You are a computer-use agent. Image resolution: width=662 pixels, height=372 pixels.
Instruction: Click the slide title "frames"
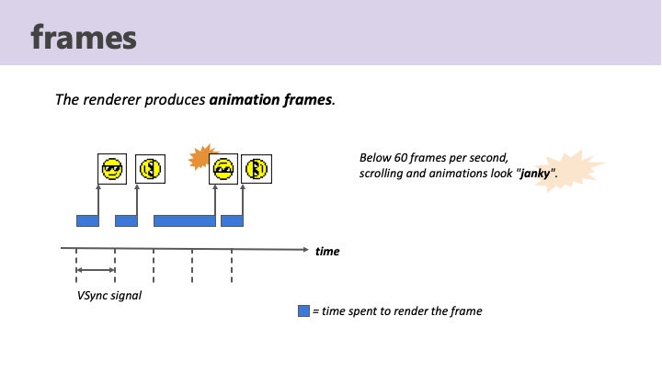pos(83,37)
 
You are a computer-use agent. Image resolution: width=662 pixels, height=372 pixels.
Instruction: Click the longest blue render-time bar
pos(184,220)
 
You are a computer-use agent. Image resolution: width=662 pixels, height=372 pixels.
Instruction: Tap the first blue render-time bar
pos(87,220)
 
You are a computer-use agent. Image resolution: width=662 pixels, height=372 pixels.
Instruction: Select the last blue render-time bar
pos(232,220)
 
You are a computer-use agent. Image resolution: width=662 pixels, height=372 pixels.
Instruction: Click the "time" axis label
pos(327,250)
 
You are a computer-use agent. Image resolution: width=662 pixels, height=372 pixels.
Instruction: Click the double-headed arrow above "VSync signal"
pos(95,270)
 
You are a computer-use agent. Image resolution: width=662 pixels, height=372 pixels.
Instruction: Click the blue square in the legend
pos(303,311)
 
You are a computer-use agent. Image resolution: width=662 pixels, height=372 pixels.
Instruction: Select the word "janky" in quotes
pos(538,174)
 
